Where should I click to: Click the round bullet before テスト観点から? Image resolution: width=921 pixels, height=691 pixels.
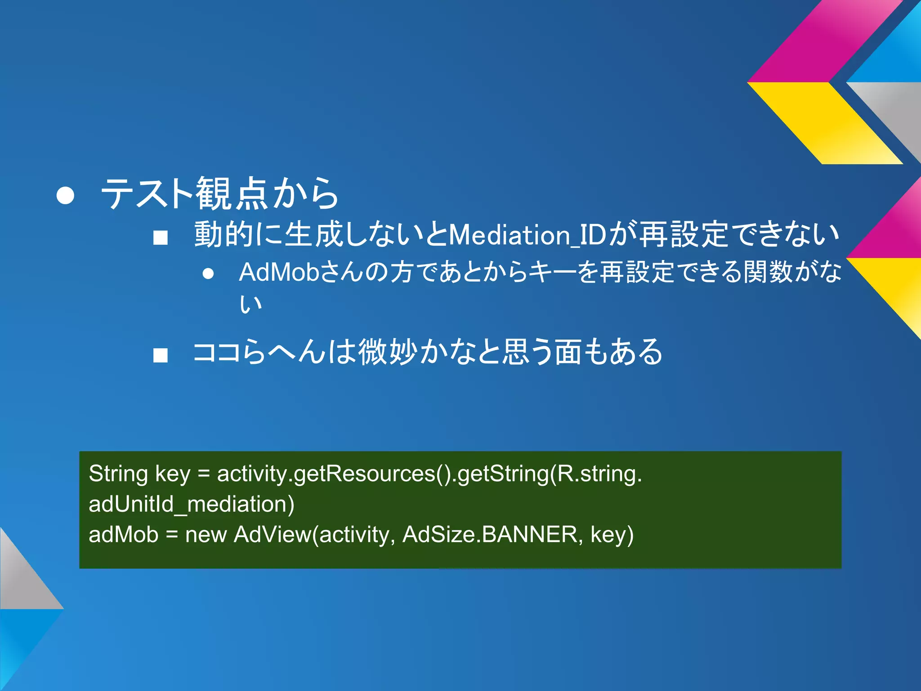point(66,195)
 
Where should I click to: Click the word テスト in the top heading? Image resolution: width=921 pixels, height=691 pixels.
point(147,194)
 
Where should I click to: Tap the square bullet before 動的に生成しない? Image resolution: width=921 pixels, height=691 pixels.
point(160,238)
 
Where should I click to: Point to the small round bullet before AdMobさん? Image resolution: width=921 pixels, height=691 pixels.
point(208,274)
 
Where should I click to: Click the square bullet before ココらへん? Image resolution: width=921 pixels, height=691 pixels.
point(160,355)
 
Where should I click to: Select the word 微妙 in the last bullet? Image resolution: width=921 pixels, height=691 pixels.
point(387,352)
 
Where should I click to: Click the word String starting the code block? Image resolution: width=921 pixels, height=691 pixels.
point(118,474)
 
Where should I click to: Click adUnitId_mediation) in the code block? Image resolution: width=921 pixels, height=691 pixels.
point(192,504)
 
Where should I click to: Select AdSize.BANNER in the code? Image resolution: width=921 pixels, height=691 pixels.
point(489,535)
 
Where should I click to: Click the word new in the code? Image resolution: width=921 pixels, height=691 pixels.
point(206,535)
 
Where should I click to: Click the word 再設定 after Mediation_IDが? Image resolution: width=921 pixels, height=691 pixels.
point(684,235)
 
